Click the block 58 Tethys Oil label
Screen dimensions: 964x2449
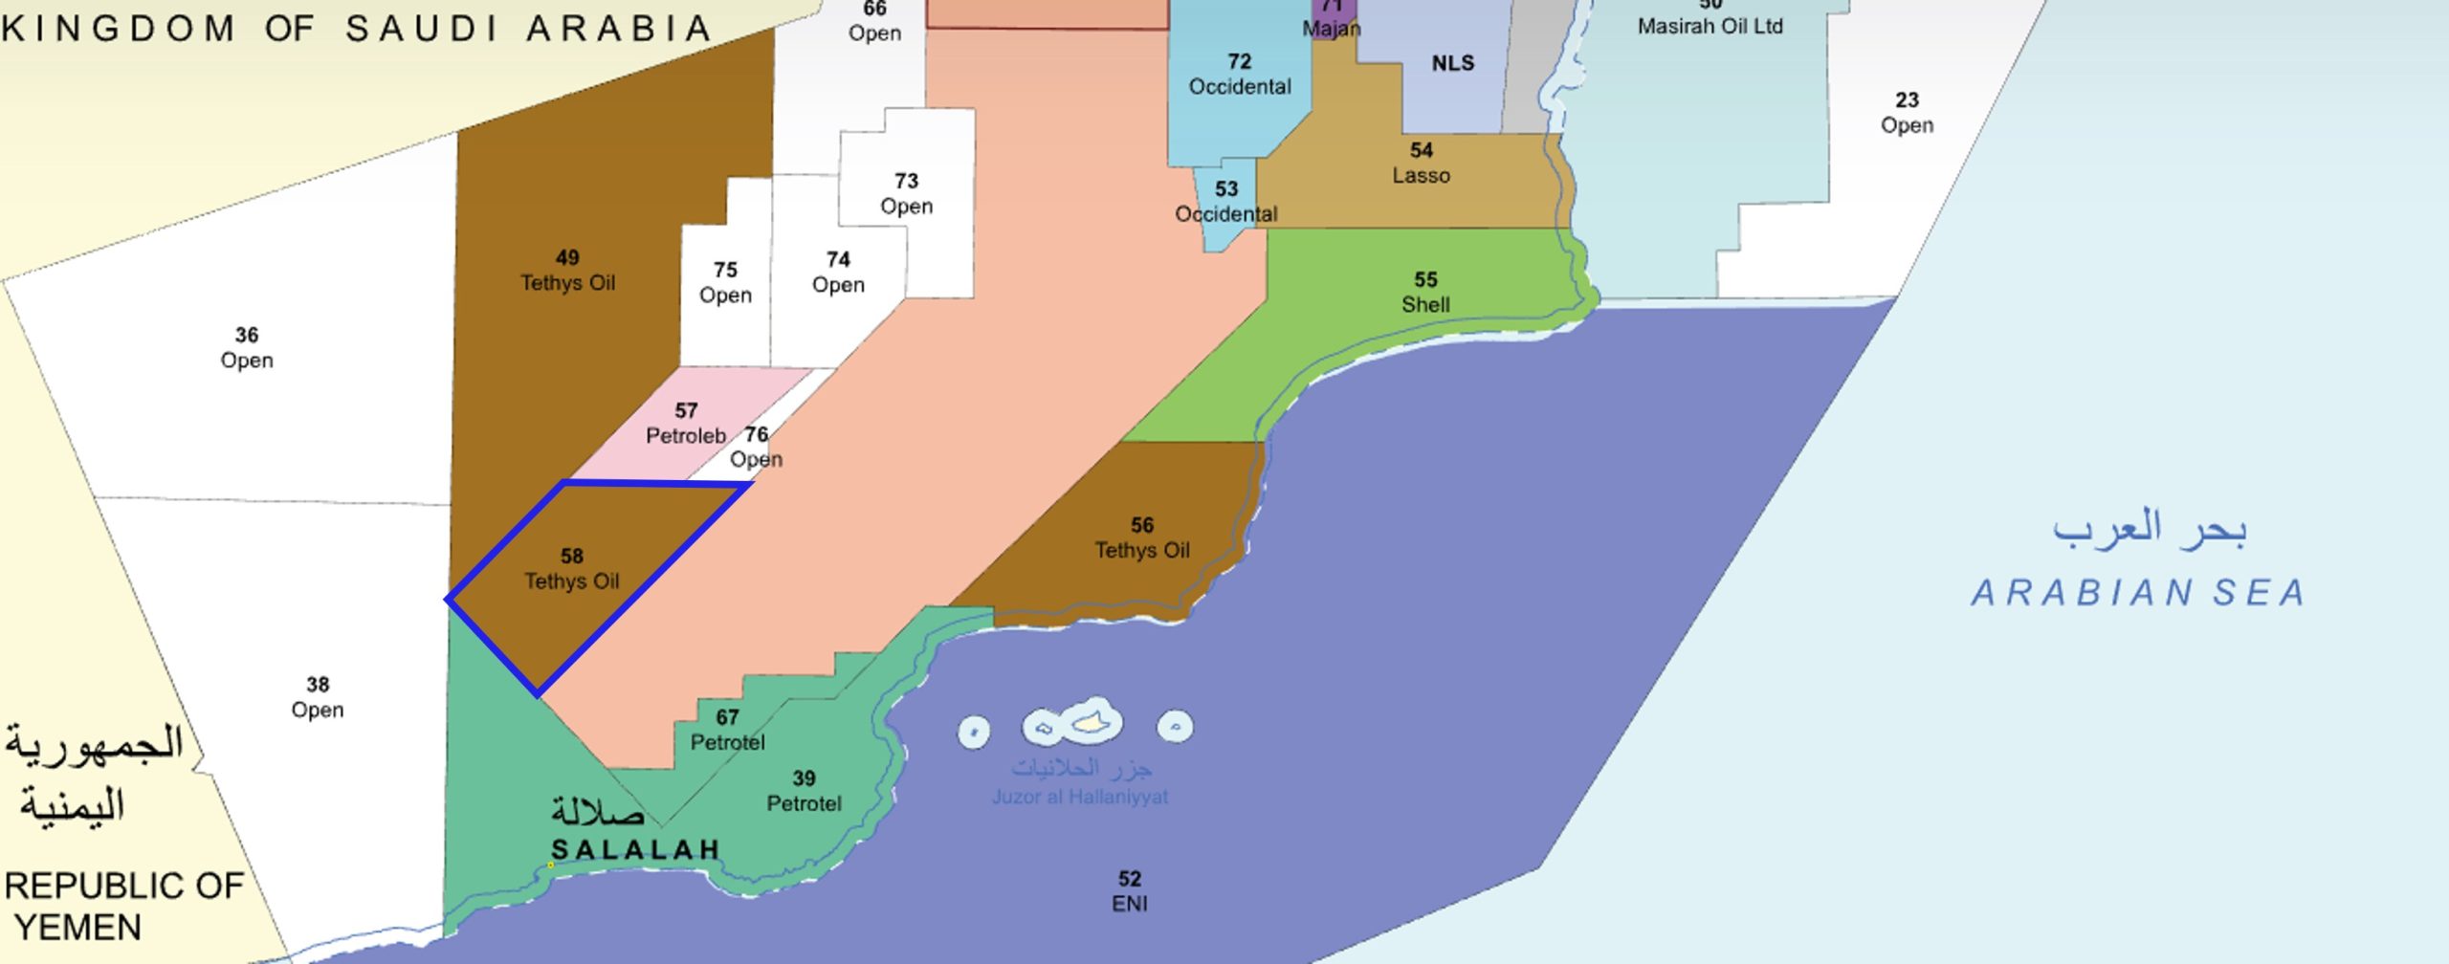tap(572, 569)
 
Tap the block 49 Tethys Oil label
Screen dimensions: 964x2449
tap(567, 271)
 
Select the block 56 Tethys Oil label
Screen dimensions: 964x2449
tap(1142, 538)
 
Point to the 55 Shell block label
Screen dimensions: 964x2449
tap(1425, 293)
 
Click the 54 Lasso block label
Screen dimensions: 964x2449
tap(1421, 164)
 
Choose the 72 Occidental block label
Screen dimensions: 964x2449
tap(1240, 75)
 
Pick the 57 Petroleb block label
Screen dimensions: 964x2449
tap(685, 424)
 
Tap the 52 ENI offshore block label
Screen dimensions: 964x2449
tap(1130, 891)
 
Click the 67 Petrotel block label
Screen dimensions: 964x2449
tap(727, 730)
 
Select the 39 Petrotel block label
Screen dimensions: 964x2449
tap(804, 791)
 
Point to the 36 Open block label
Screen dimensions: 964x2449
tap(247, 348)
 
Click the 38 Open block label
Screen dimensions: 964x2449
tap(318, 697)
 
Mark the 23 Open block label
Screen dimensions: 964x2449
tap(1907, 113)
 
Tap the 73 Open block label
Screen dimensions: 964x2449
tap(906, 194)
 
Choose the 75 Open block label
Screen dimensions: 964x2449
tap(725, 283)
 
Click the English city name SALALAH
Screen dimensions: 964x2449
tap(635, 849)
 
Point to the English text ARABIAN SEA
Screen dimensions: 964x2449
tap(2137, 593)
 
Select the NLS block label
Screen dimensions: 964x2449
tap(1452, 64)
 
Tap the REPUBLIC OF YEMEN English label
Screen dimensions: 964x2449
tap(122, 907)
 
